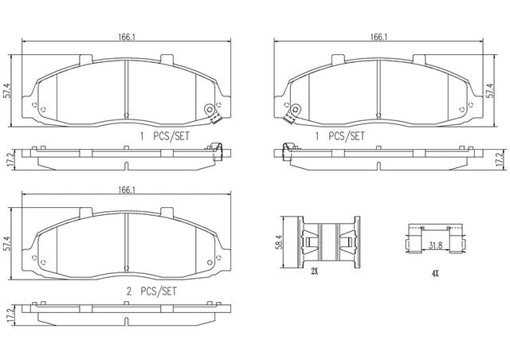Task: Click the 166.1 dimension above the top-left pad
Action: coord(126,37)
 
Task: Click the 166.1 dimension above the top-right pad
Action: coord(379,37)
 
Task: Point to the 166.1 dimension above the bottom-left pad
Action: coord(126,190)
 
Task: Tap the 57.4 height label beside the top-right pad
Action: coord(490,91)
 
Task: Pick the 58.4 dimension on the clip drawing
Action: coord(278,243)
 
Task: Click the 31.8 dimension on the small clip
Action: coord(435,245)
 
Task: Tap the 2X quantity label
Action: coord(314,271)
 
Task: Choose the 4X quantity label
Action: coord(435,274)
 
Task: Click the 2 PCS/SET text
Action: coord(151,291)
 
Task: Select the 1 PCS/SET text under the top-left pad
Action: coord(165,136)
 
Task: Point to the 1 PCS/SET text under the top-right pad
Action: coord(340,136)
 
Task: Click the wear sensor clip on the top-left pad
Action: coord(212,114)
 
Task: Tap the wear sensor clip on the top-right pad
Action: coord(292,114)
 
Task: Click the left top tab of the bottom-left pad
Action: coord(86,211)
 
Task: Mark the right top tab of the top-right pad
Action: coord(419,58)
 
